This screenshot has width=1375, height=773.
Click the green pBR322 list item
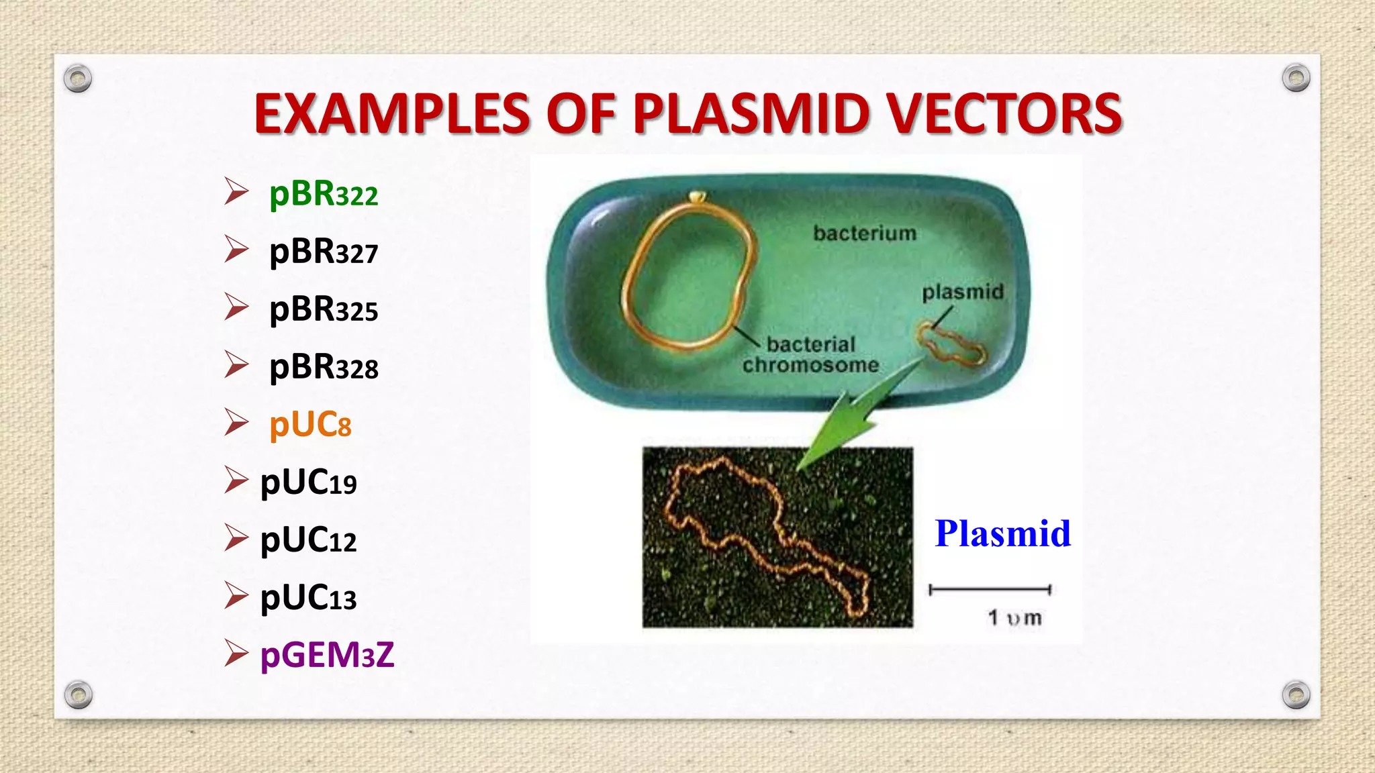323,194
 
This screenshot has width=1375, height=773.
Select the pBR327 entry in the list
323,252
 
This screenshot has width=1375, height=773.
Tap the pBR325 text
323,309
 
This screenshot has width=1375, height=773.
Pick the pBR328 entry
323,367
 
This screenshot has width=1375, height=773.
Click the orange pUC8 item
310,425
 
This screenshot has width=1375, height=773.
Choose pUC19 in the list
308,482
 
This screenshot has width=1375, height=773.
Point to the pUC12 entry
308,540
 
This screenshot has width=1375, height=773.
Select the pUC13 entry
308,598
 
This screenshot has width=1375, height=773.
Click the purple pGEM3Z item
327,655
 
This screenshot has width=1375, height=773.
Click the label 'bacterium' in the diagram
865,234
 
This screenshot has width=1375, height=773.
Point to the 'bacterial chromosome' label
810,355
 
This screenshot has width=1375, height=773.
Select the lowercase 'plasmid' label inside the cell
963,293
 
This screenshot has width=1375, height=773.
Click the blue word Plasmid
1002,533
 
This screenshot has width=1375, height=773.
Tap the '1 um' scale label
1014,617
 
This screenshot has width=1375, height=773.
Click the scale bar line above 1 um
990,590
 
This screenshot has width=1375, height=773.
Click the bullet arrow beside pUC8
236,423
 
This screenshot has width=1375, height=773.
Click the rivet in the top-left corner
78,79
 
